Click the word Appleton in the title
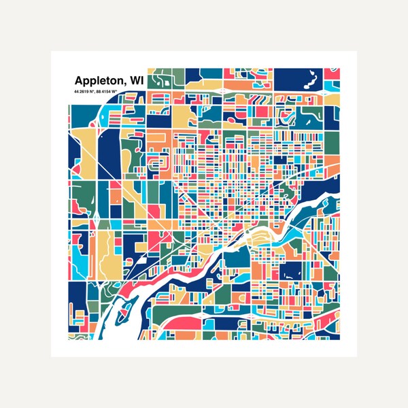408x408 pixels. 95,80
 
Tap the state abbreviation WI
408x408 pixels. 135,80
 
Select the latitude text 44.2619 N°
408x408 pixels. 81,91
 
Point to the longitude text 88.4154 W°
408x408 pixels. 110,91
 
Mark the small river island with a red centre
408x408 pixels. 123,315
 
